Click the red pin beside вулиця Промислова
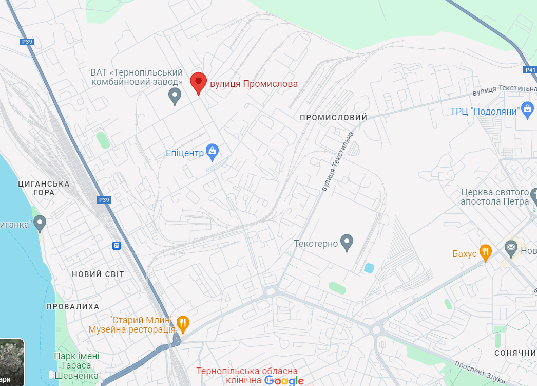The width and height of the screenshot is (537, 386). coord(198,83)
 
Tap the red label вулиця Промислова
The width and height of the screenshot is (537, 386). coord(254,84)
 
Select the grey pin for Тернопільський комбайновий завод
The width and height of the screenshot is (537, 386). coord(175,96)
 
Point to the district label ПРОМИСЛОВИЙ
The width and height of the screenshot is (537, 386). coord(334,117)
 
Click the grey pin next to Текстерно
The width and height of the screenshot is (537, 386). coord(348,242)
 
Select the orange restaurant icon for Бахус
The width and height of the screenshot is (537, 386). coord(485,251)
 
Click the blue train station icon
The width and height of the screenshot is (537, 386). coord(117,246)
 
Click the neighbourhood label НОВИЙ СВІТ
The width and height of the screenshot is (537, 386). coord(98,274)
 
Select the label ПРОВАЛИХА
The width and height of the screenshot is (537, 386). coord(73,307)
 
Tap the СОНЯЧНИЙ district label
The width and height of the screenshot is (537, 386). coord(515,353)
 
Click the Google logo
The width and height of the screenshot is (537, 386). coord(284,381)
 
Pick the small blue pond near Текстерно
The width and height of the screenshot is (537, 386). coord(369,268)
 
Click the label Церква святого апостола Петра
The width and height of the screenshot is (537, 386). coord(494,197)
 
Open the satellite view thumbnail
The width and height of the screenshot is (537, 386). coord(12,362)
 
